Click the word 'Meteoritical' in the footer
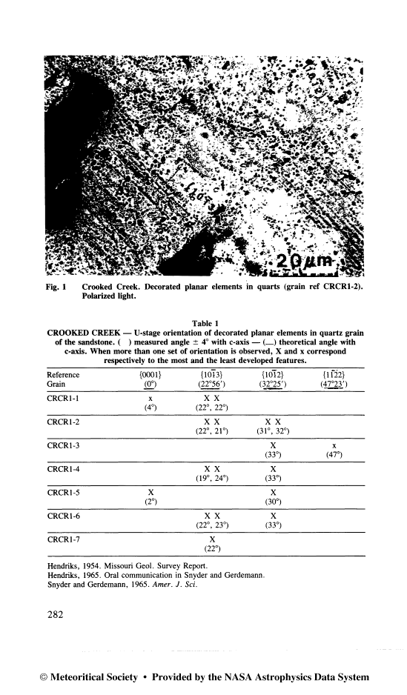point(87,677)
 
